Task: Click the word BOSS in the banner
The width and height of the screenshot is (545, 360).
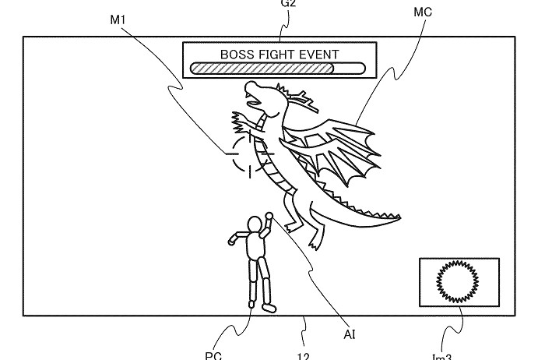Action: pos(238,54)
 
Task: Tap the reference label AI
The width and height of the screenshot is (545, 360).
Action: pos(350,336)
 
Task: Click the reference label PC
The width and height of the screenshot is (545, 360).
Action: pos(214,355)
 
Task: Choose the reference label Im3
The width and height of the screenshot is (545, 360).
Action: pos(441,356)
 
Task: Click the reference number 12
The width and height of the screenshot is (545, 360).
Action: pos(304,356)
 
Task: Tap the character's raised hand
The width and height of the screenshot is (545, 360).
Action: pos(269,217)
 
